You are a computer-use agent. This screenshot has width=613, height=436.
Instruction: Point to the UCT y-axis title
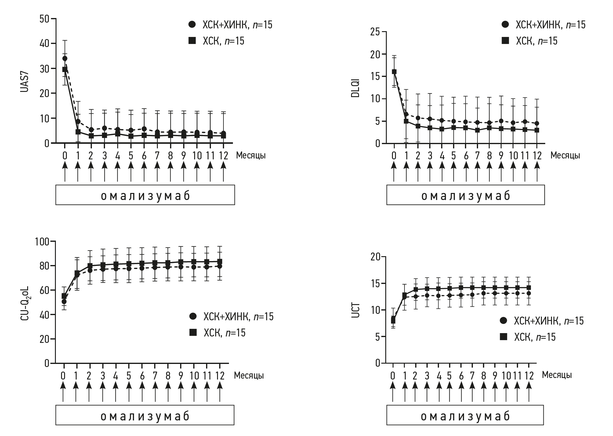356,310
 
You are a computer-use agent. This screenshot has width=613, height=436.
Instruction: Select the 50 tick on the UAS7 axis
44,19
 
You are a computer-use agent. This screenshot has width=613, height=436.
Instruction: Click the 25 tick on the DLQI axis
375,32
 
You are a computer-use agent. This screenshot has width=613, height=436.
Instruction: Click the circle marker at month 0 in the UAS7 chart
65,58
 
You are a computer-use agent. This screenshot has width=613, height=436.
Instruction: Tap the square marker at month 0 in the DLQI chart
394,72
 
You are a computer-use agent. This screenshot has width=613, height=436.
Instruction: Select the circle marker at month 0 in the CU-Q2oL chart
64,302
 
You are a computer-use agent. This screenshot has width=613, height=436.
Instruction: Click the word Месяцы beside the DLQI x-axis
565,155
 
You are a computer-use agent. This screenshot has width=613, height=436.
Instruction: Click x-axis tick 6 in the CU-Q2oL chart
142,376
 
